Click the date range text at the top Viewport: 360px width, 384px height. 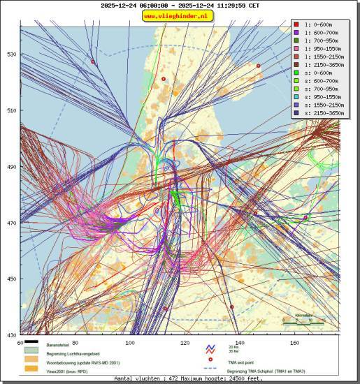pyautogui.click(x=180, y=5)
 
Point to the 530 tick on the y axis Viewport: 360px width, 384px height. pyautogui.click(x=11, y=54)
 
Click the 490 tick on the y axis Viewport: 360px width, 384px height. pyautogui.click(x=11, y=167)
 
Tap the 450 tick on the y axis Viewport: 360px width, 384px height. pyautogui.click(x=11, y=279)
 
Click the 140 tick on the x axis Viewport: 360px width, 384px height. pyautogui.click(x=239, y=343)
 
